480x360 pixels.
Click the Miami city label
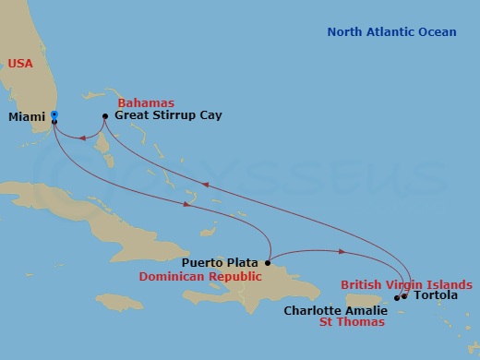coord(25,117)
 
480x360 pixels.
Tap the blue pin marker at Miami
coord(54,116)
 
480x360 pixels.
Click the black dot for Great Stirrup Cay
coord(105,116)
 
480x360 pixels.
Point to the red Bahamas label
coord(147,102)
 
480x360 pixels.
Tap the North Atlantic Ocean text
coord(391,32)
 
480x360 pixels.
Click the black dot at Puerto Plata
coord(268,262)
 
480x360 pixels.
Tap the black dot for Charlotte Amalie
coord(397,297)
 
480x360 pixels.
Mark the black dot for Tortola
coord(404,296)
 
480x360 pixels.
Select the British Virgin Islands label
coord(407,284)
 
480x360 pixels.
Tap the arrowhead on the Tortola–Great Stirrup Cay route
coord(207,183)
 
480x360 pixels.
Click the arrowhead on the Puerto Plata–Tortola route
coord(342,251)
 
